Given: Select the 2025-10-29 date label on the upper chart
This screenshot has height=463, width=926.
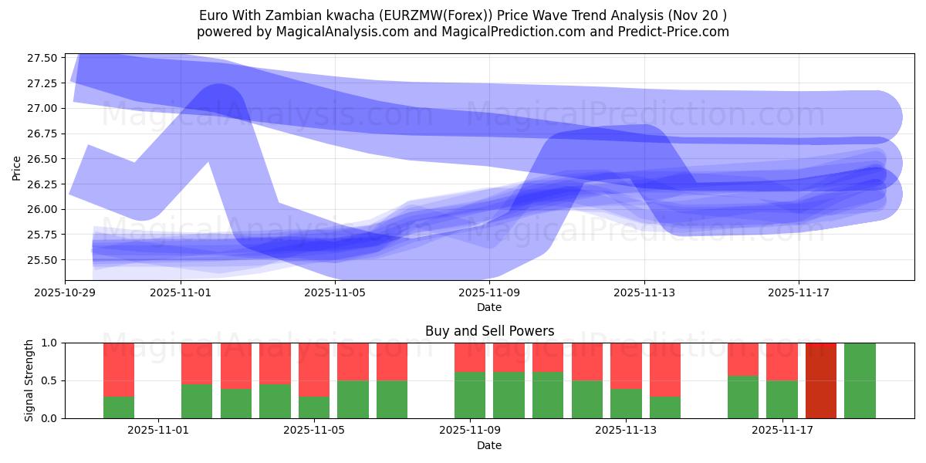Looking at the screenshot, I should [65, 293].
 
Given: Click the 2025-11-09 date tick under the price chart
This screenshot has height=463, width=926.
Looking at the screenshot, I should [489, 293].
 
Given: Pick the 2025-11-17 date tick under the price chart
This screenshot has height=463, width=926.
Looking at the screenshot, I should [798, 293].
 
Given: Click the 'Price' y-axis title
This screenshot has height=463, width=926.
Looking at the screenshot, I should [17, 167].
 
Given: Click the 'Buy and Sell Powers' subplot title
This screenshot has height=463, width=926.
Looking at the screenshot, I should [489, 331].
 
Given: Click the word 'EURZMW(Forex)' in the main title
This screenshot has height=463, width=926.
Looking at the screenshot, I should [441, 15].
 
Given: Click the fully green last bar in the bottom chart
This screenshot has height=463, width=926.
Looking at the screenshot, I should [860, 380].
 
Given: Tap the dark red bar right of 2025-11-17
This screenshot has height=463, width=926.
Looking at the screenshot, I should [821, 380].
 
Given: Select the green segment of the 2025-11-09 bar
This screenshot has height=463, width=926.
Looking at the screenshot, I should [470, 395].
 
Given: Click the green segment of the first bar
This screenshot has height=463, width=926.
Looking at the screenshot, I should [119, 407].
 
